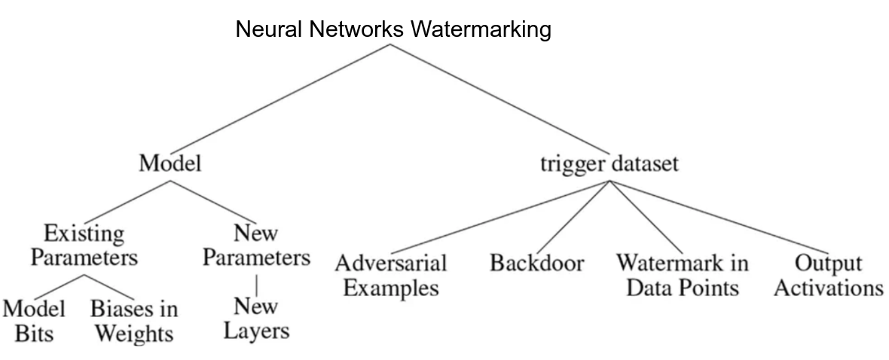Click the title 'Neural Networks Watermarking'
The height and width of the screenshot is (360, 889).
393,30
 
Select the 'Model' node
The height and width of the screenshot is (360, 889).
170,163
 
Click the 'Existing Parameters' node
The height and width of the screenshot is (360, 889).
84,245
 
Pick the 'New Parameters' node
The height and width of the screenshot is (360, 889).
256,245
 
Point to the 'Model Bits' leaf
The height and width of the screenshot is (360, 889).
34,320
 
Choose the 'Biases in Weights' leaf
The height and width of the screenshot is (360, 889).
134,320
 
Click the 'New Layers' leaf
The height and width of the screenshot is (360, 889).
256,318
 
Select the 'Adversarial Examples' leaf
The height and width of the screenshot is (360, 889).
390,275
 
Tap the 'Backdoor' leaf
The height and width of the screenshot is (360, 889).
536,264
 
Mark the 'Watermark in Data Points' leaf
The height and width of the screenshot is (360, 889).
682,275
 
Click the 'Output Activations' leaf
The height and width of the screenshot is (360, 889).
828,275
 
